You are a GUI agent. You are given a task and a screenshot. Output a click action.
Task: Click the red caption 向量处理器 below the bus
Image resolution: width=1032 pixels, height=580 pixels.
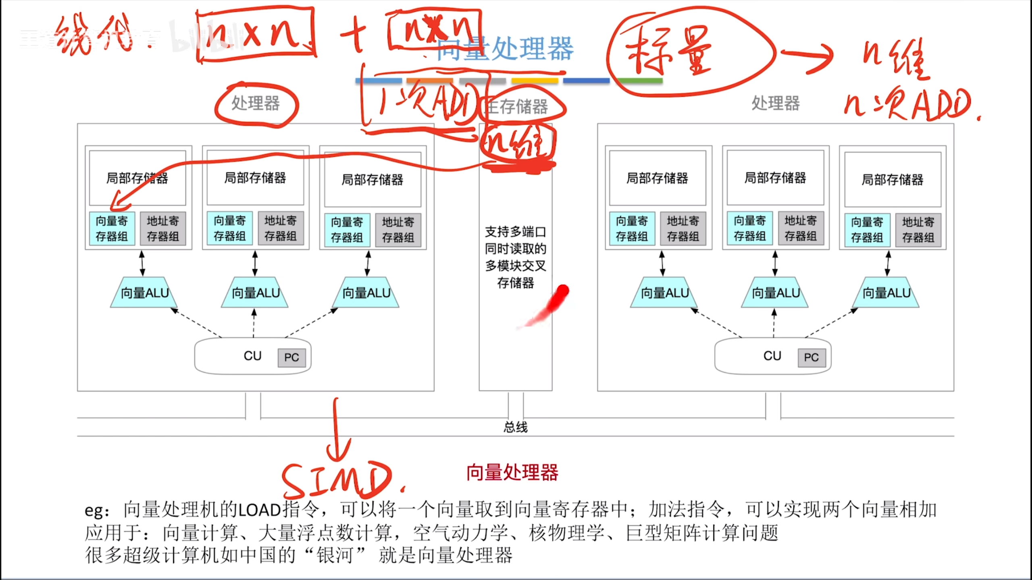[512, 472]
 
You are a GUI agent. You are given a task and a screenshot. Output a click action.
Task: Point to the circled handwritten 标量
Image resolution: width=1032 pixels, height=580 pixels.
[669, 50]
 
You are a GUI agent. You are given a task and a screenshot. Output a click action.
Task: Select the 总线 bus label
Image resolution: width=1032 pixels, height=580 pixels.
[515, 427]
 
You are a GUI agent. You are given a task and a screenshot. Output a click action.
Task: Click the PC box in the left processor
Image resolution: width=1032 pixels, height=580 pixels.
[291, 357]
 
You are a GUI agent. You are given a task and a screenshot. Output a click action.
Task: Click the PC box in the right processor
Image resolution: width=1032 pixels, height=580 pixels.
[811, 357]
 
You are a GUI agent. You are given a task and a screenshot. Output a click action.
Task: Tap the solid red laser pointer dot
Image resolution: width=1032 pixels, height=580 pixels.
[563, 291]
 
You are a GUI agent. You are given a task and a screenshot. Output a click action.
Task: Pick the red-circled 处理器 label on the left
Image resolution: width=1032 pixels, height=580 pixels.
[256, 104]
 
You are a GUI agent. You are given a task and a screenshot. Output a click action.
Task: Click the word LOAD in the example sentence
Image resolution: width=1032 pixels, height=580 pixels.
[260, 510]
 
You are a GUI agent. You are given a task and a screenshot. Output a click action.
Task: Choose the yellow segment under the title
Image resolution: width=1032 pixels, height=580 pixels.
[535, 81]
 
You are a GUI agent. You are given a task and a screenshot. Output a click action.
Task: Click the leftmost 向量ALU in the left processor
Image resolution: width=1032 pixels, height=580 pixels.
[144, 293]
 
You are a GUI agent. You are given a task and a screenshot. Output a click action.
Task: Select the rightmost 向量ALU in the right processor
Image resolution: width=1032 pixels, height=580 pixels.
[886, 293]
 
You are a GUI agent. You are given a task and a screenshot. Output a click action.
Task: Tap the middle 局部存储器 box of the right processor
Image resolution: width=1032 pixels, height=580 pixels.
[775, 178]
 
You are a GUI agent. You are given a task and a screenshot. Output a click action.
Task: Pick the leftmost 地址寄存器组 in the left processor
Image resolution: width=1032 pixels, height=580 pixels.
[163, 228]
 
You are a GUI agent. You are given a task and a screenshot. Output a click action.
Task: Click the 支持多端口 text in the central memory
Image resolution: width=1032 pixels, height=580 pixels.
[515, 232]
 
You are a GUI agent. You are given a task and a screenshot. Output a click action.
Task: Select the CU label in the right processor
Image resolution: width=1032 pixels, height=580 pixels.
[772, 356]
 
